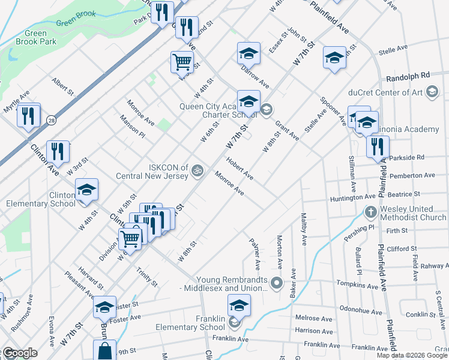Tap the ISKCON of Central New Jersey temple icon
pos(194,172)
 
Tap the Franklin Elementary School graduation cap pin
pos(239,306)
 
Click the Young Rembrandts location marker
pos(276,282)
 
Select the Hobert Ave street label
pos(240,169)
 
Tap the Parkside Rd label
pos(406,157)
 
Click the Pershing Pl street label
pos(363,228)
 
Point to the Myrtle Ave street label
pos(16,101)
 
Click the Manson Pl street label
pos(133,127)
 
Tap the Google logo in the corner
pos(19,353)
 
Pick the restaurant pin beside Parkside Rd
pos(378,147)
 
